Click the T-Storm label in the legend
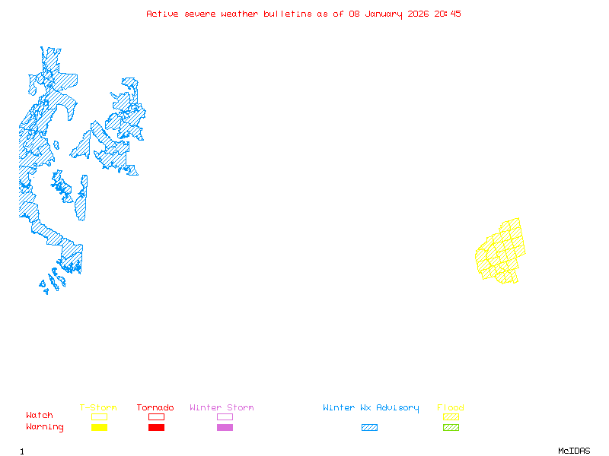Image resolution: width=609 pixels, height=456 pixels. tap(98, 408)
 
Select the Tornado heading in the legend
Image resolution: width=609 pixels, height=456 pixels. tap(155, 408)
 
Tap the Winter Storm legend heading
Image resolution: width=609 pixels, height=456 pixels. tap(222, 408)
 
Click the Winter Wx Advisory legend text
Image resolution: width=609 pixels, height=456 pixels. tap(371, 408)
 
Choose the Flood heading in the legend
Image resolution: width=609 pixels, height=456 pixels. tap(451, 408)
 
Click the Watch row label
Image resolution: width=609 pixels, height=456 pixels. tap(40, 416)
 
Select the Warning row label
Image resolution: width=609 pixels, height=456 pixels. tap(45, 427)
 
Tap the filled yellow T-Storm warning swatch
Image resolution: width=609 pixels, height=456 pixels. tap(99, 428)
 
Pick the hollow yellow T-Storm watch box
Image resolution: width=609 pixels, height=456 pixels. tap(99, 416)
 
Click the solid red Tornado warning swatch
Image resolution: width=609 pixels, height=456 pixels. tap(156, 428)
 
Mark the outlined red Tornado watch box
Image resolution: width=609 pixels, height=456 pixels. tap(156, 416)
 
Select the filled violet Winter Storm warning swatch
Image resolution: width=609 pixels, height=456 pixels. tap(225, 428)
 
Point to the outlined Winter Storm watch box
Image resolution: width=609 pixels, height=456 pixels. tap(225, 416)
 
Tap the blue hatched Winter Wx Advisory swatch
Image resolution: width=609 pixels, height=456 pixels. tap(369, 428)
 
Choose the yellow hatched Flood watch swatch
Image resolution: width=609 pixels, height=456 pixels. tap(451, 416)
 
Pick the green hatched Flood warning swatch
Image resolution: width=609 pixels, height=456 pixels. tap(451, 428)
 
